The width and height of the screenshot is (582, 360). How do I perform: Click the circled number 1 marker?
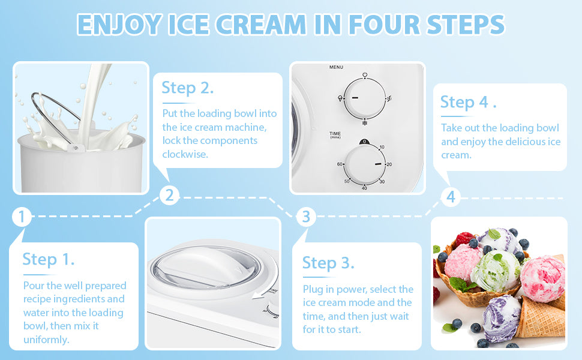coord(21,217)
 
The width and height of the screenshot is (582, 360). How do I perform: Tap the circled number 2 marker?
coord(169,195)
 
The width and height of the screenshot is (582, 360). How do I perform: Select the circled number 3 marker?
coord(306,217)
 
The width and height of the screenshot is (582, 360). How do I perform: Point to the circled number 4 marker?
coord(451,197)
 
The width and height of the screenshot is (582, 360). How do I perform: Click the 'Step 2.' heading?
coord(188,88)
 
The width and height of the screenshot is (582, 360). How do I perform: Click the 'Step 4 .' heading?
coord(468,102)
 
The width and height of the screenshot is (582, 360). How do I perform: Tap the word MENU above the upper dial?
coord(336,67)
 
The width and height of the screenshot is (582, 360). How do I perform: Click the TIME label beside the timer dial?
coord(335,133)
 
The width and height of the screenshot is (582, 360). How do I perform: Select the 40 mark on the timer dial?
coord(364,188)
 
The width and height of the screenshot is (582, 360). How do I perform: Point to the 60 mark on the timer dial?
coord(340,164)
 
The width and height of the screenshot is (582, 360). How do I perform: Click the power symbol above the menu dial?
coord(365,74)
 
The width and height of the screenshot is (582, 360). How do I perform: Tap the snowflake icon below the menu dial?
coord(365,123)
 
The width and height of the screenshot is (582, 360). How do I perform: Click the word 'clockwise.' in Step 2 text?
coord(185,154)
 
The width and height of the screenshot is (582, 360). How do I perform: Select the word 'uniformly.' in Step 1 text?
coord(46,340)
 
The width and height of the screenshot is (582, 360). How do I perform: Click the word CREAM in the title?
coord(260,25)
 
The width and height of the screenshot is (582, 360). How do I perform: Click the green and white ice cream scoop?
coord(496,270)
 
